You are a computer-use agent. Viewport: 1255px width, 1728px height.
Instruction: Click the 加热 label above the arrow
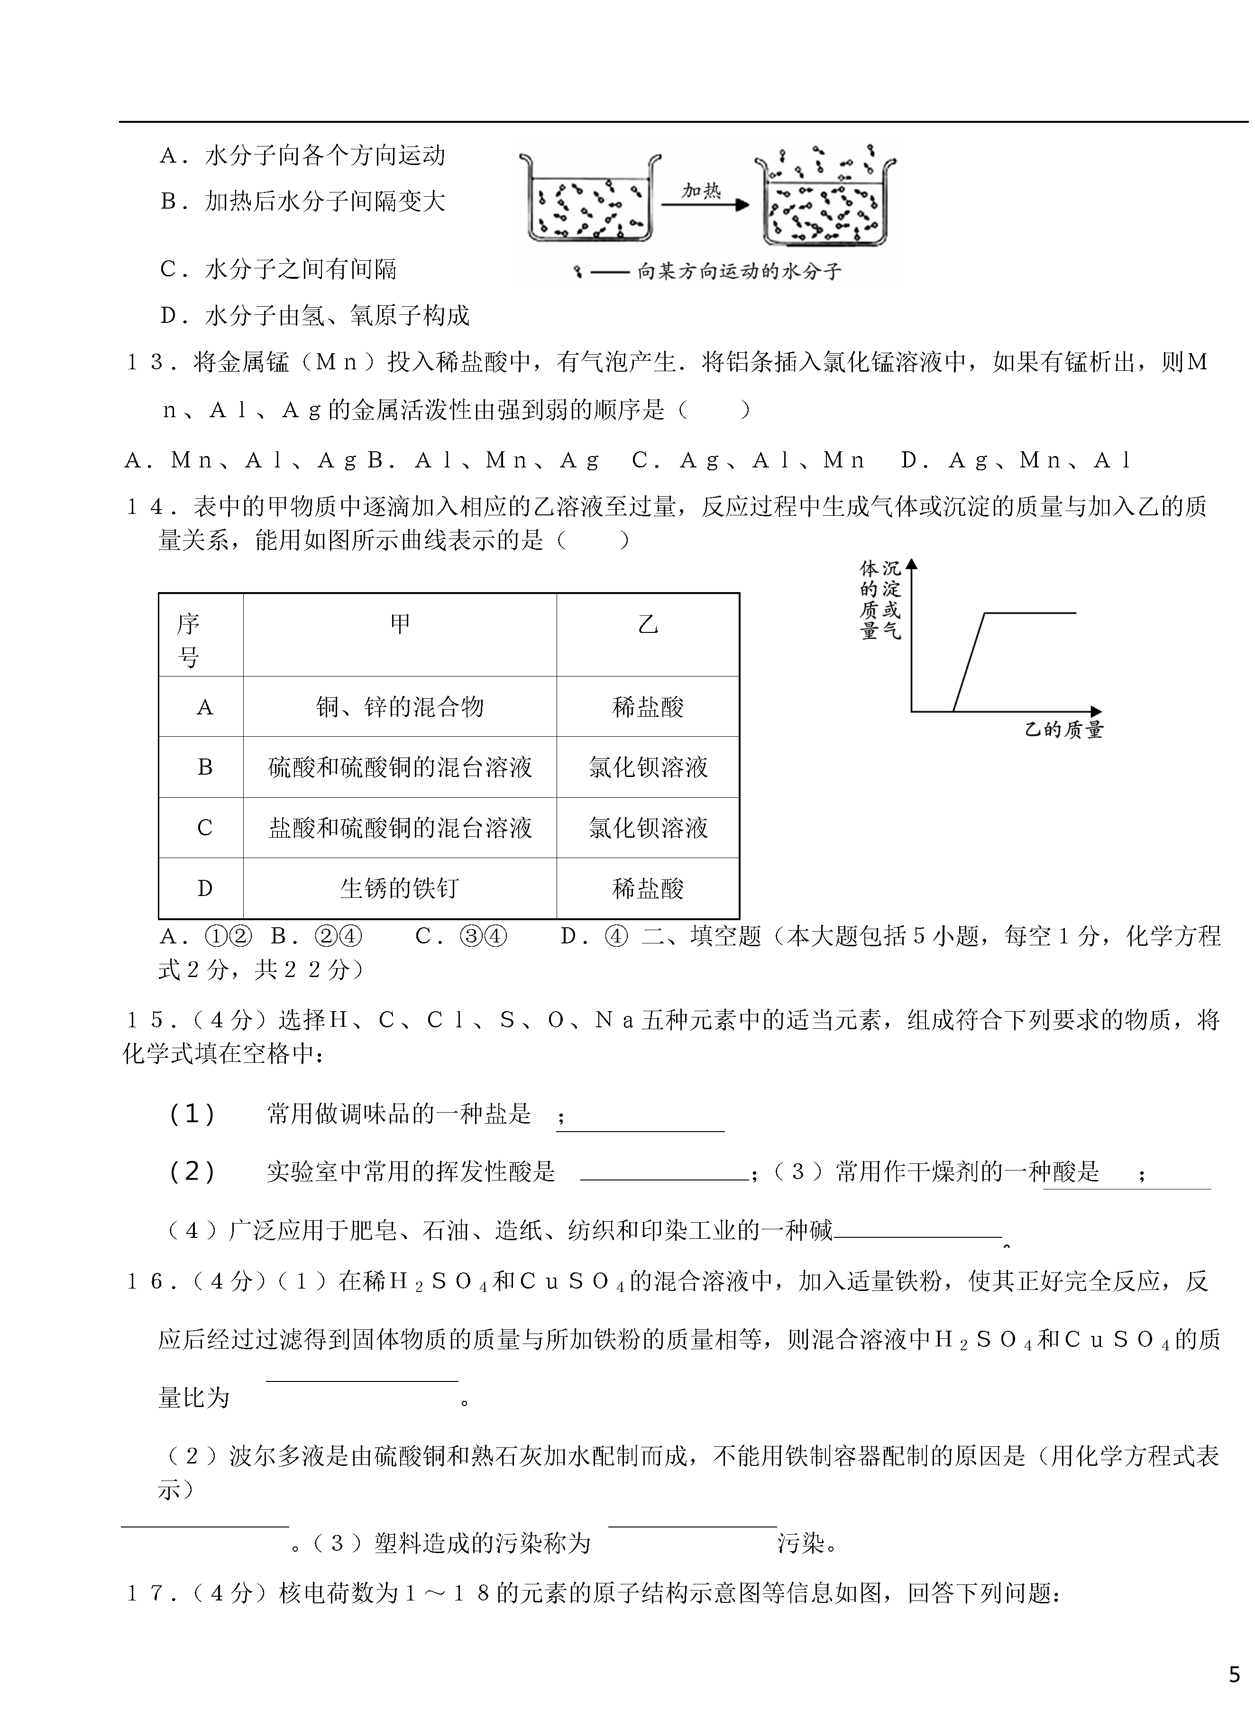pyautogui.click(x=701, y=191)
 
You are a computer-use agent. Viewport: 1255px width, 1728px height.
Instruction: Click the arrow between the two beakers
pyautogui.click(x=705, y=205)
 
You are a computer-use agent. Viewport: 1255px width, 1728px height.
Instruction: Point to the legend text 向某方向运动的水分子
pyautogui.click(x=739, y=272)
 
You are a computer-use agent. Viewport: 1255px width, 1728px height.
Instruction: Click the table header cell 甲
pyautogui.click(x=400, y=625)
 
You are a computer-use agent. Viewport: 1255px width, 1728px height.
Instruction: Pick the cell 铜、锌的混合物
pyautogui.click(x=400, y=707)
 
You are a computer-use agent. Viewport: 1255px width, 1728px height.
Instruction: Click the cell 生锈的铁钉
pyautogui.click(x=400, y=888)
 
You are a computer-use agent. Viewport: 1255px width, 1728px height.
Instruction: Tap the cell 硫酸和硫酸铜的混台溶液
pyautogui.click(x=400, y=767)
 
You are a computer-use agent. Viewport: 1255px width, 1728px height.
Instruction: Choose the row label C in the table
pyautogui.click(x=204, y=828)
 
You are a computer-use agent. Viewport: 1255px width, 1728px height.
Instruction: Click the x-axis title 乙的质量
pyautogui.click(x=1064, y=730)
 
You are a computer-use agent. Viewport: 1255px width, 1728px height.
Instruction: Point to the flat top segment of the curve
pyautogui.click(x=1030, y=613)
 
